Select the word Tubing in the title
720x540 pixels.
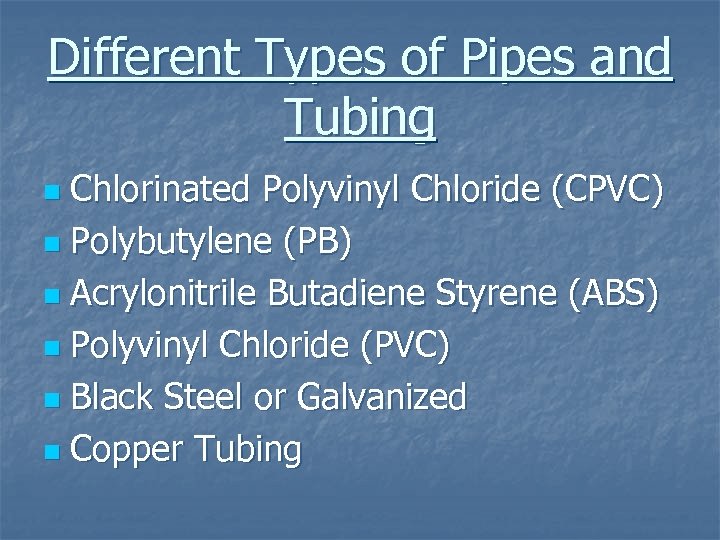click(x=360, y=117)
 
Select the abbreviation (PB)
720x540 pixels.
click(x=317, y=242)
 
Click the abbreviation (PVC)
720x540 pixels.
click(x=396, y=346)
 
